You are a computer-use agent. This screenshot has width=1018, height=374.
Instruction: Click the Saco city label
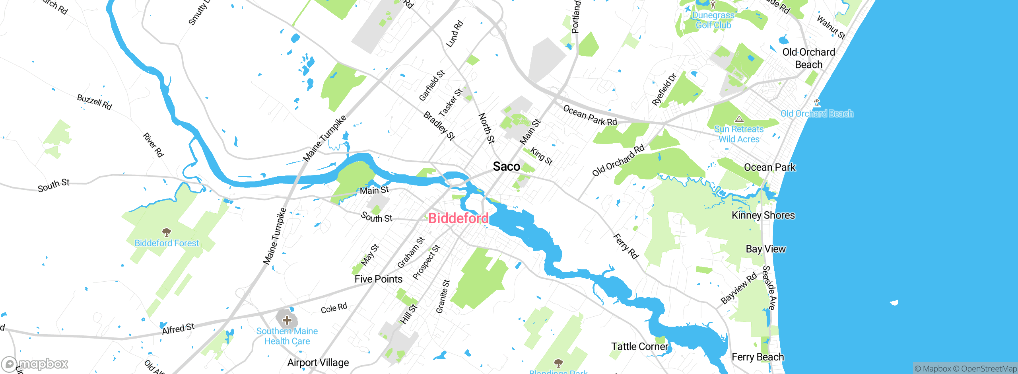coord(506,166)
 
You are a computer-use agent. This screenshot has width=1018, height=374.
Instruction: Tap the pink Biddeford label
coord(458,218)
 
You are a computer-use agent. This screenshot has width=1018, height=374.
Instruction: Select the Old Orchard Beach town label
coord(808,58)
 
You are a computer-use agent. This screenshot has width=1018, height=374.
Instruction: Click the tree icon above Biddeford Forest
coord(167,232)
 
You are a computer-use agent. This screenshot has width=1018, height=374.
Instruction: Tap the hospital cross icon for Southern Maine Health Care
coord(287,320)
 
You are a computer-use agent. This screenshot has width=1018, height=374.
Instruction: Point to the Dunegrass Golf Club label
coord(713,20)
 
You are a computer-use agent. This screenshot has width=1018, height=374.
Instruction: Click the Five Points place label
coord(378,279)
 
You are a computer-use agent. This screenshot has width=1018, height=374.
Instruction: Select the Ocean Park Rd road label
coord(590,116)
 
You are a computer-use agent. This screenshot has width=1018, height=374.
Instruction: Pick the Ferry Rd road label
coord(625,246)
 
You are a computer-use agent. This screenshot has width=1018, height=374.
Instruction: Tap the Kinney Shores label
coord(763,215)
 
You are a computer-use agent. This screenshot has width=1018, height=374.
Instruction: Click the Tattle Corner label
coord(639,347)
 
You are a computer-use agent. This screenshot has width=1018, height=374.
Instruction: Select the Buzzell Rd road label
coord(94,102)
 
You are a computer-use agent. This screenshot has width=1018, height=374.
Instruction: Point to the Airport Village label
coord(318,362)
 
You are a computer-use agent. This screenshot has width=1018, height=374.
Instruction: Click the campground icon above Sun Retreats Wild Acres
coord(739,119)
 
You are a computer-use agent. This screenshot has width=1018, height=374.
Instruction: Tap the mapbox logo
coord(35,364)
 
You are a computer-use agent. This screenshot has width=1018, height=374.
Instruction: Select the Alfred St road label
coord(178,329)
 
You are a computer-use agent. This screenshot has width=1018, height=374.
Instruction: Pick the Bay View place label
coord(765,249)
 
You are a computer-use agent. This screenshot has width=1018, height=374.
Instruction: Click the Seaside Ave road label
coord(769,288)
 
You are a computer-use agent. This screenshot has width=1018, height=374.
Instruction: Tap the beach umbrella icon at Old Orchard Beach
coord(816,103)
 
